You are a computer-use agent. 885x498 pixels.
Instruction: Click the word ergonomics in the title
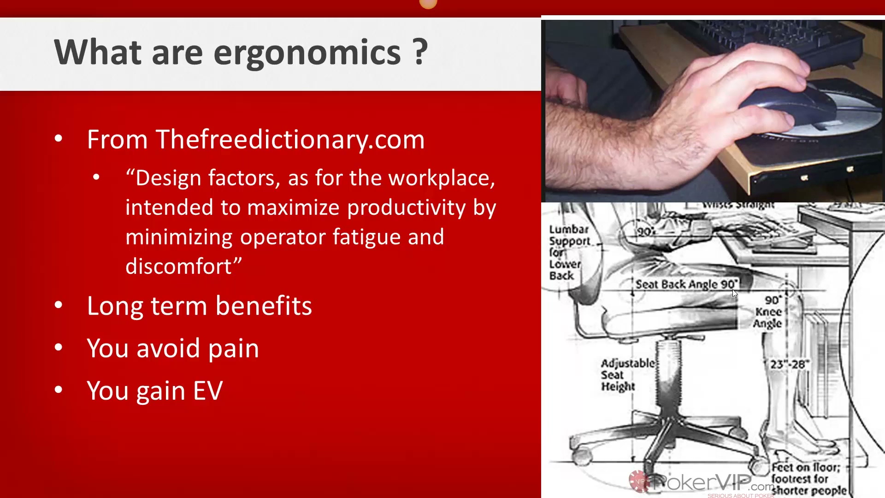pos(307,53)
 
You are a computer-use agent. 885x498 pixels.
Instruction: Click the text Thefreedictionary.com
pos(290,139)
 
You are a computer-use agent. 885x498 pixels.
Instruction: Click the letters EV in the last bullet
pos(207,391)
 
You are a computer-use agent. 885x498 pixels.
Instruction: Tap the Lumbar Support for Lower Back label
pos(569,252)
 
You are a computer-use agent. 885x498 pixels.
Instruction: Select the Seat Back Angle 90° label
pos(686,284)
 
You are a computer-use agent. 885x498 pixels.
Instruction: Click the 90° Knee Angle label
pos(768,312)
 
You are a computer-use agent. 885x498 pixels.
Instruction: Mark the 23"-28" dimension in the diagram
pos(789,364)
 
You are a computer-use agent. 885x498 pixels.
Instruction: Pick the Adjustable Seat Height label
pos(627,375)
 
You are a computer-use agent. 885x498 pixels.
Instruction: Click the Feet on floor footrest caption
pos(808,479)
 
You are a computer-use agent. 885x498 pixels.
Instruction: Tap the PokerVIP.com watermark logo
pos(701,483)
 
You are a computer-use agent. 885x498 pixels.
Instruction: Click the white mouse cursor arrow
pos(735,294)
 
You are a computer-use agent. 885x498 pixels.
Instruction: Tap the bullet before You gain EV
pos(59,390)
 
